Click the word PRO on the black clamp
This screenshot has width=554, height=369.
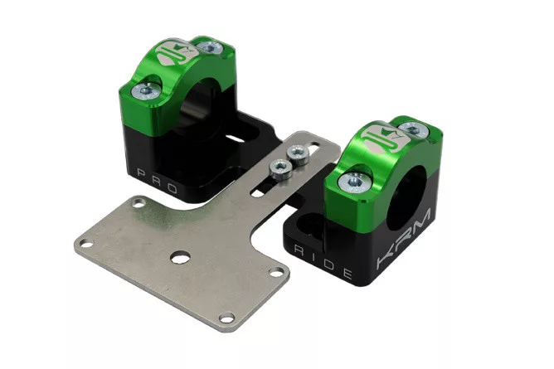coord(157,181)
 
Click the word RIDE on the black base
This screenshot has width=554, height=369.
coord(323,262)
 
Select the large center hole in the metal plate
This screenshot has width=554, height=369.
coord(180,257)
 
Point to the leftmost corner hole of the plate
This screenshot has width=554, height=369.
coord(85,243)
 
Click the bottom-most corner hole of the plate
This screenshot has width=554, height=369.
coord(226,317)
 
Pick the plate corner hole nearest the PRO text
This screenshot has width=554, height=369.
coord(138,203)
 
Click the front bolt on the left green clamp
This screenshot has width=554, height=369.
coord(146,91)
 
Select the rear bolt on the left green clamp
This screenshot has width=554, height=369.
coord(210,47)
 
